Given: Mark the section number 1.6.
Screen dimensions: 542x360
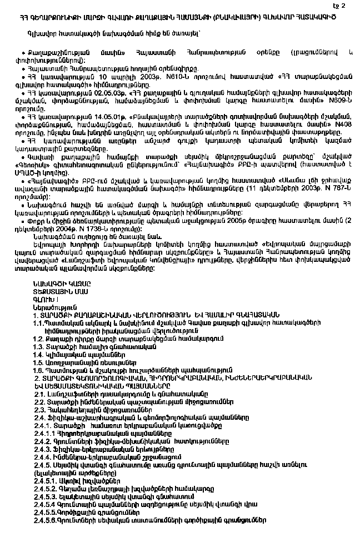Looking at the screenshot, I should (x=38, y=369).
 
